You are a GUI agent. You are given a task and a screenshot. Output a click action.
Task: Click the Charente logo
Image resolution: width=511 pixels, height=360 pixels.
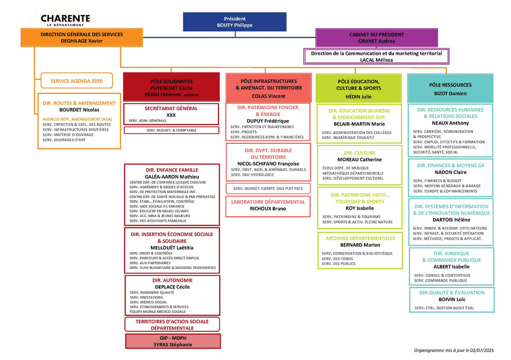pyautogui.click(x=66, y=20)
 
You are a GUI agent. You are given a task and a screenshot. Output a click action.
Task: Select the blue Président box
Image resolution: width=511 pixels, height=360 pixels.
pyautogui.click(x=235, y=22)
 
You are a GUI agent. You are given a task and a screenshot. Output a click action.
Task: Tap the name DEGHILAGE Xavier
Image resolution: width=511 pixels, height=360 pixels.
pyautogui.click(x=81, y=41)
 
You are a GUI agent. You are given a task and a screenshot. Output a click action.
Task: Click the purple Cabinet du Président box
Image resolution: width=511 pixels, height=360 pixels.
pyautogui.click(x=377, y=37)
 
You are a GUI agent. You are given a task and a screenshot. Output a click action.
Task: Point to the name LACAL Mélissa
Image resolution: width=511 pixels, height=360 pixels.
pyautogui.click(x=377, y=60)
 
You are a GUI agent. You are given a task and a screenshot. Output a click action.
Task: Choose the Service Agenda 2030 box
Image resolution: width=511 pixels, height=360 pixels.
pyautogui.click(x=77, y=81)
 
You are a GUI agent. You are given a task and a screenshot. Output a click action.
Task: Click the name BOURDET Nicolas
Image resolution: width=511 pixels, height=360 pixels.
pyautogui.click(x=79, y=110)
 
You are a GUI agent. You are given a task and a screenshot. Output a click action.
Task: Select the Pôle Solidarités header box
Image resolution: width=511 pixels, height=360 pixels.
pyautogui.click(x=171, y=87)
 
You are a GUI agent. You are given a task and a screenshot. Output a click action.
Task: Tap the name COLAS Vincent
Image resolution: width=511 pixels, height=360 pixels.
pyautogui.click(x=268, y=96)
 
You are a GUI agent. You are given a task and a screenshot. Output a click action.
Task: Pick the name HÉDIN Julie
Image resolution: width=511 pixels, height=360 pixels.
pyautogui.click(x=358, y=97)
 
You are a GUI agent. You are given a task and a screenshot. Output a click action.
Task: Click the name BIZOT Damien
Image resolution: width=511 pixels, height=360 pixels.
pyautogui.click(x=450, y=94)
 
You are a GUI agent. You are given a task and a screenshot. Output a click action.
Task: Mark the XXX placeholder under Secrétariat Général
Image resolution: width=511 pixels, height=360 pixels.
pyautogui.click(x=171, y=115)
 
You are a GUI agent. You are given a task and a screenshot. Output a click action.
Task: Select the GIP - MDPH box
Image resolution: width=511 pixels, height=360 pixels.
pyautogui.click(x=173, y=341)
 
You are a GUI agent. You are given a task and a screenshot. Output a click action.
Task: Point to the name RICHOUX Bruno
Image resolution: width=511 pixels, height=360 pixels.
pyautogui.click(x=268, y=209)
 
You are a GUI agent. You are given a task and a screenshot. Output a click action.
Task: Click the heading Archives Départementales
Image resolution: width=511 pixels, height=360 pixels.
pyautogui.click(x=360, y=239)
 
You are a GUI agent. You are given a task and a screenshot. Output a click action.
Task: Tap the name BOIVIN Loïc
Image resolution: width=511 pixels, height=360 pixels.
pyautogui.click(x=452, y=300)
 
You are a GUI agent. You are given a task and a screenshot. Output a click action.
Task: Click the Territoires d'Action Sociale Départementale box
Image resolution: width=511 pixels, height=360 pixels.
pyautogui.click(x=172, y=324)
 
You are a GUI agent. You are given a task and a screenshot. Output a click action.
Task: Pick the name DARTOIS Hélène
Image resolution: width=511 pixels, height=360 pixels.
pyautogui.click(x=452, y=220)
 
